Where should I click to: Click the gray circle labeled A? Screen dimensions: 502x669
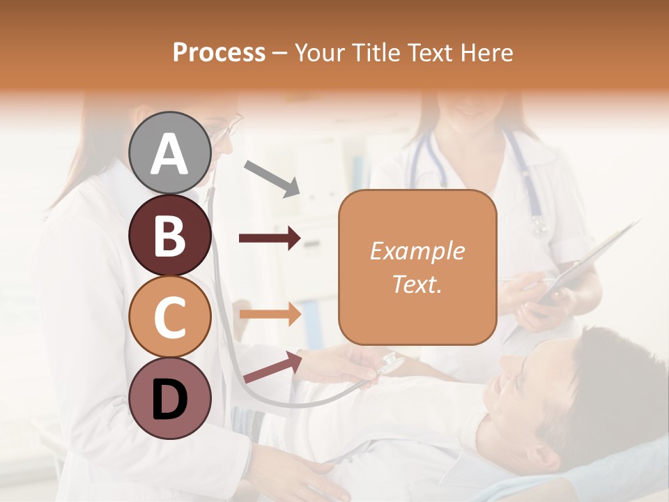(169, 153)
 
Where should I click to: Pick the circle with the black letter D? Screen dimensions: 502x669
(169, 398)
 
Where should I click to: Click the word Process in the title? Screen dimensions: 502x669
(219, 53)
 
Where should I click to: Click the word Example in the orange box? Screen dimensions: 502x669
(417, 252)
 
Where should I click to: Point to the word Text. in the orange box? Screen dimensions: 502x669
(417, 284)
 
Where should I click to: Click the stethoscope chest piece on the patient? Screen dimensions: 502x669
(390, 363)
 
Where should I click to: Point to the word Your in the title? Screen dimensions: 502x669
(322, 53)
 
